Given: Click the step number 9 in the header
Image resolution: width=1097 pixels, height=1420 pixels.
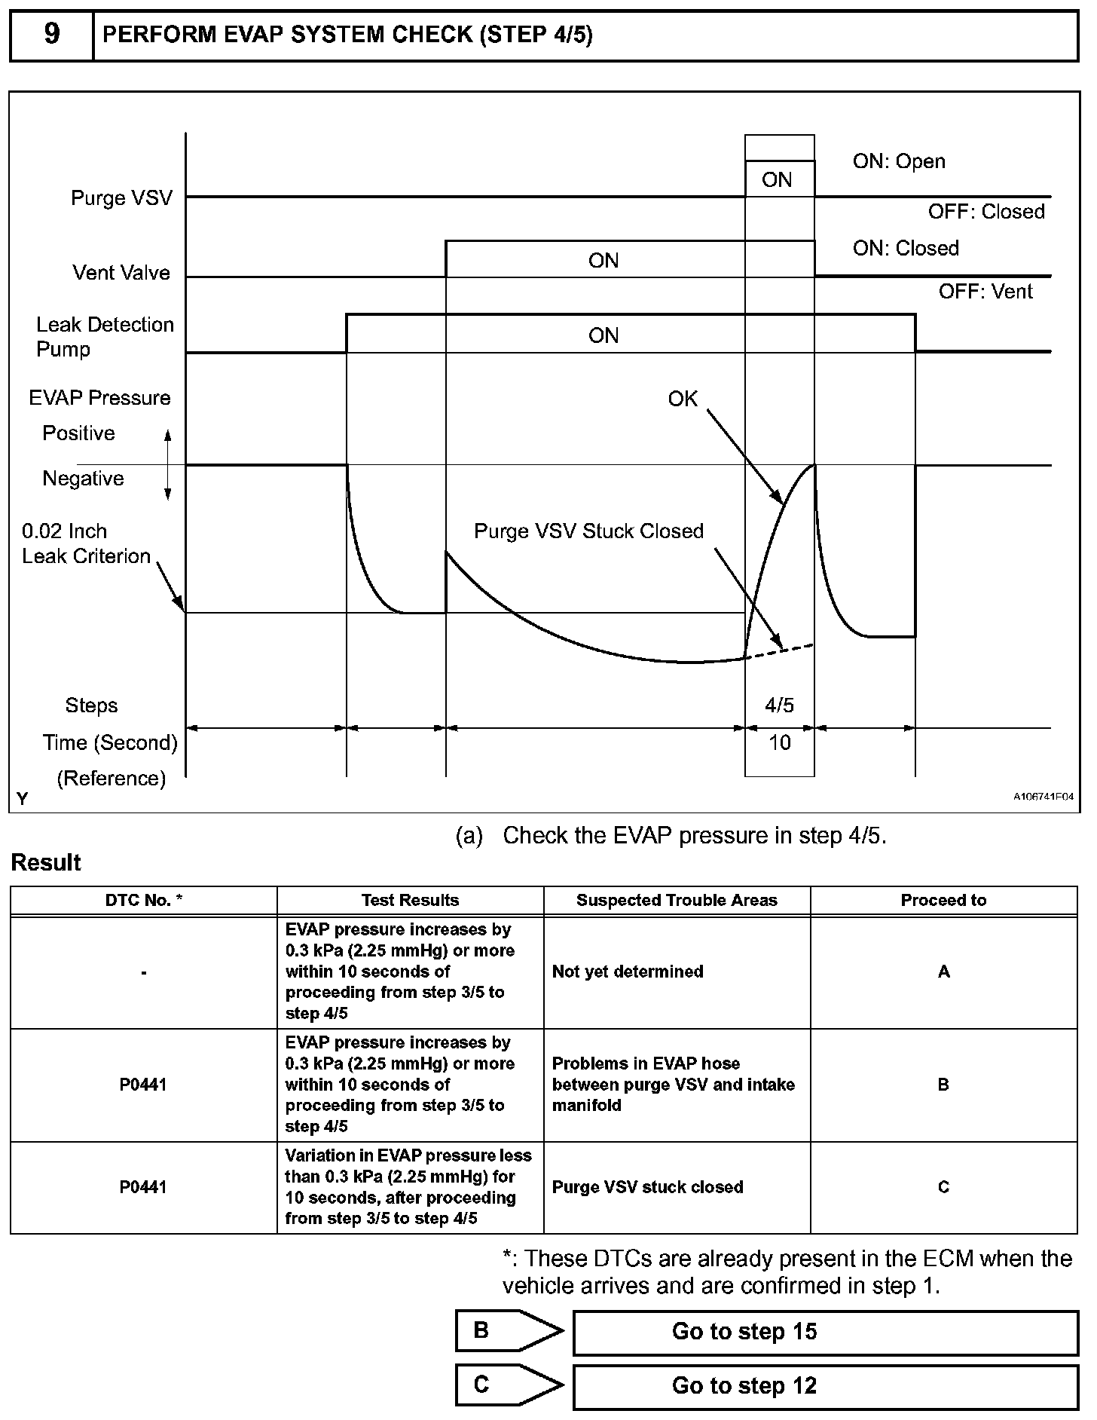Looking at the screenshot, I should (x=51, y=35).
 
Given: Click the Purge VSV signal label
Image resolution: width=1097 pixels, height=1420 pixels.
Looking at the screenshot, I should (x=121, y=198).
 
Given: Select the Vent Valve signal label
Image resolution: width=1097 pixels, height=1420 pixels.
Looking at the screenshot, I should (x=121, y=273).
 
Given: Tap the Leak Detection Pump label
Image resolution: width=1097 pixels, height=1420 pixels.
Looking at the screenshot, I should (x=105, y=337).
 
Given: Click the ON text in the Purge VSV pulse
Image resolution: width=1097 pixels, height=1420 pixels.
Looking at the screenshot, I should (x=777, y=180).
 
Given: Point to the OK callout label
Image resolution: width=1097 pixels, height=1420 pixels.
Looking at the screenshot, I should (x=683, y=399).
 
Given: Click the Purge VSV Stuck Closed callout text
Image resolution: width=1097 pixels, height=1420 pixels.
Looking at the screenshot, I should (x=588, y=531).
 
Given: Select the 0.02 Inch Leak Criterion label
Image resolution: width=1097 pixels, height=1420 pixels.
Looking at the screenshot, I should (x=86, y=543).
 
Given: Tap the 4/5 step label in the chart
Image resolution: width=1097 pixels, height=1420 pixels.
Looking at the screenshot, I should (x=779, y=705).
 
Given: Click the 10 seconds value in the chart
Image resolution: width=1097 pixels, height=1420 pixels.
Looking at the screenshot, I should (x=779, y=743).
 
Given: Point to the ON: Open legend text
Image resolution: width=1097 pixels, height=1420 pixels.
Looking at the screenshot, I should (x=899, y=161).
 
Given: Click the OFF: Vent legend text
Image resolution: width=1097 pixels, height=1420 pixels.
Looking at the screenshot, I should (x=985, y=292).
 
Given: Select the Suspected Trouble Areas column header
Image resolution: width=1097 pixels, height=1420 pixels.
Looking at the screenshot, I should (x=677, y=901).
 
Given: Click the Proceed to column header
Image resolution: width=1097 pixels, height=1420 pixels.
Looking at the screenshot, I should (x=943, y=901).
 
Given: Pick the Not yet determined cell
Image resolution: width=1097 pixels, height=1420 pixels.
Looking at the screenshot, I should (x=628, y=972).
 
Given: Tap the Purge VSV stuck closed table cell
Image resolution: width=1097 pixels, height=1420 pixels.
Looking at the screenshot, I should (x=647, y=1187).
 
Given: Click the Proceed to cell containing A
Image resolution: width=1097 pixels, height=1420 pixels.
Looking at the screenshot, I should (x=943, y=972).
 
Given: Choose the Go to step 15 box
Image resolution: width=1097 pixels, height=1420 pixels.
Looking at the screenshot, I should (x=825, y=1332).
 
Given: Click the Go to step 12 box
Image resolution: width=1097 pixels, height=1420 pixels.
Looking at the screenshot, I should (x=825, y=1386).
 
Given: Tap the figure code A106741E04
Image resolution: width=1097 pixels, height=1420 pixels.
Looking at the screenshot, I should (x=1043, y=797).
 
